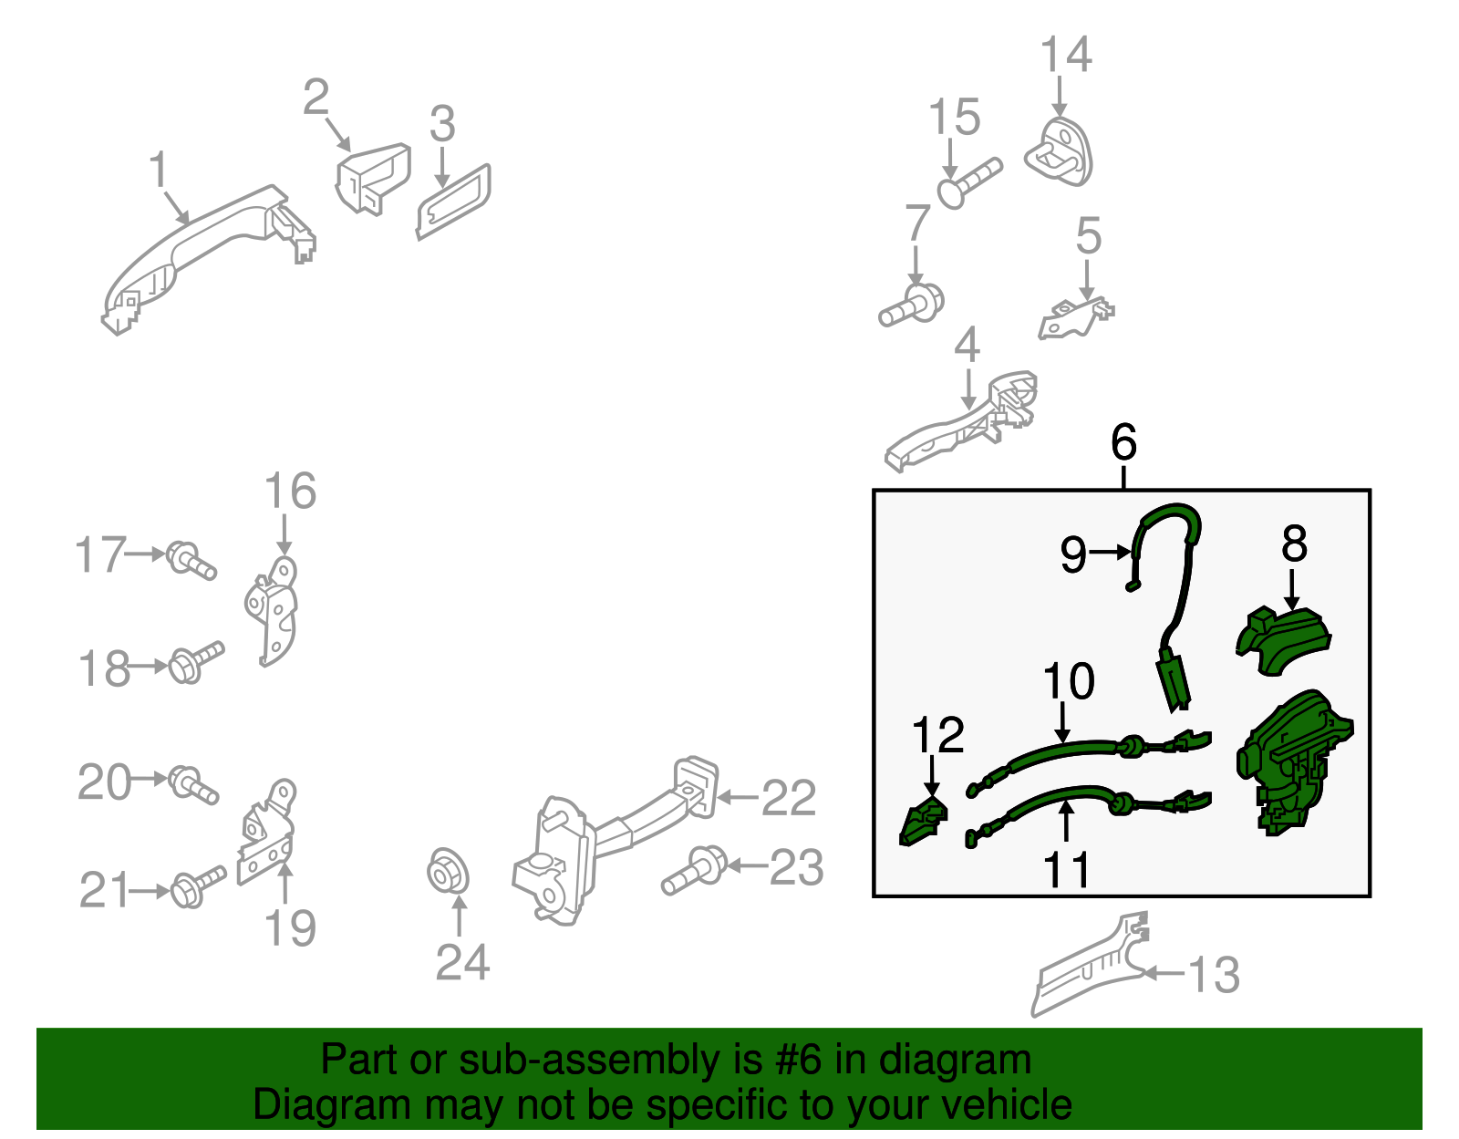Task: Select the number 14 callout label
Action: click(x=1066, y=54)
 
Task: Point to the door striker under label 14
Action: click(x=1060, y=152)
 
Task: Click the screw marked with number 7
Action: click(x=911, y=306)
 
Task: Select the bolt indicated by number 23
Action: click(x=694, y=870)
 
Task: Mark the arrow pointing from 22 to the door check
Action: click(x=738, y=797)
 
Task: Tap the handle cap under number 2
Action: click(x=373, y=179)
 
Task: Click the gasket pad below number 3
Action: click(x=453, y=202)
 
